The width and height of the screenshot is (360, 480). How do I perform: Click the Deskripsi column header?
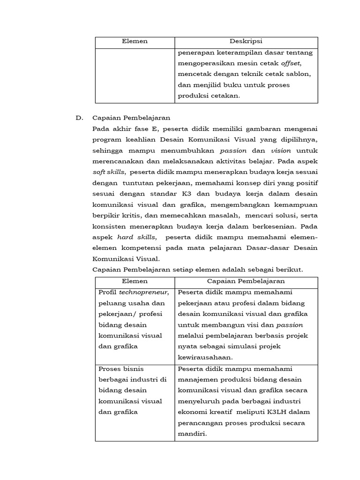[246, 41]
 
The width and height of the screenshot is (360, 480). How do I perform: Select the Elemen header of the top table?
[135, 41]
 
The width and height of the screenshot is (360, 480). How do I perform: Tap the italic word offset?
[291, 63]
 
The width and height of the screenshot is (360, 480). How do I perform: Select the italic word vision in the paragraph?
[281, 151]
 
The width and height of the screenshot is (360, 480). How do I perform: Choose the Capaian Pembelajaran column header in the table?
[246, 281]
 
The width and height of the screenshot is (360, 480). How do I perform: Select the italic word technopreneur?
[143, 292]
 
